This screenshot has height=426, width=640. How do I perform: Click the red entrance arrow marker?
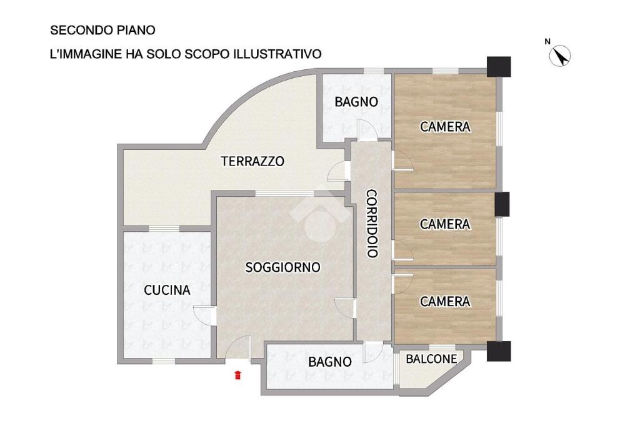237,375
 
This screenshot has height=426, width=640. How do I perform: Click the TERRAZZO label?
252,161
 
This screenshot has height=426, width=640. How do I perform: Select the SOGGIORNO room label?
283,267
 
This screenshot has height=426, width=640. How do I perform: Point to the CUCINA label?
167,290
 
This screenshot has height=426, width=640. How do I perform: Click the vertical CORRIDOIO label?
371,223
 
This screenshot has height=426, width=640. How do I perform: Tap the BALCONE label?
431,359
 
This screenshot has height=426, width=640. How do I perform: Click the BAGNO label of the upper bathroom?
356,102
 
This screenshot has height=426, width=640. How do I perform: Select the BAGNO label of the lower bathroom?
330,362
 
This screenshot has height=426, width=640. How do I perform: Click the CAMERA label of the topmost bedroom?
445,127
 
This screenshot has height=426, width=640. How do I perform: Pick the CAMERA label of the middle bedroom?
445,224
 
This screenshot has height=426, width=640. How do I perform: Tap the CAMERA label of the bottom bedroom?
445,302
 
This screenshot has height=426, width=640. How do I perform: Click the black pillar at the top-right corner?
499,67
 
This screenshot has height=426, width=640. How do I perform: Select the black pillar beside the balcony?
499,351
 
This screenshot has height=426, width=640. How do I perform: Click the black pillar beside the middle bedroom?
502,204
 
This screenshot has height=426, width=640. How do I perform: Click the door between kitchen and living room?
203,316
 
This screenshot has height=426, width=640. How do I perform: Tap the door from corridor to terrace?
339,171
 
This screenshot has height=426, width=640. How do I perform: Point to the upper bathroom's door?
367,130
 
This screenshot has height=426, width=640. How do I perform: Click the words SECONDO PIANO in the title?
103,30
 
